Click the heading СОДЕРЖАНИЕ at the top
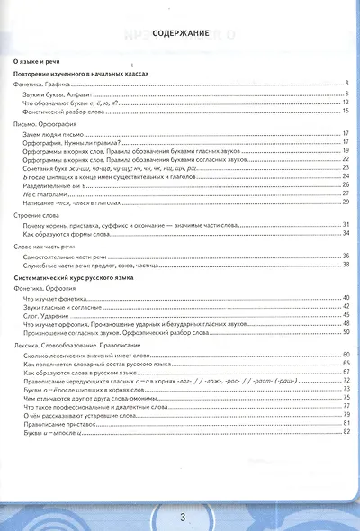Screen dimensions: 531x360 [x=181, y=32]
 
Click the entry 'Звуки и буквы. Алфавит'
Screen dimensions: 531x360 [x=60, y=93]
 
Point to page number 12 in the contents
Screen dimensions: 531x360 [x=345, y=102]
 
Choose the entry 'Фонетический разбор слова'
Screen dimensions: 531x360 [x=65, y=110]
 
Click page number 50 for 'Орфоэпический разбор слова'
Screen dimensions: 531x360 [x=345, y=332]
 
